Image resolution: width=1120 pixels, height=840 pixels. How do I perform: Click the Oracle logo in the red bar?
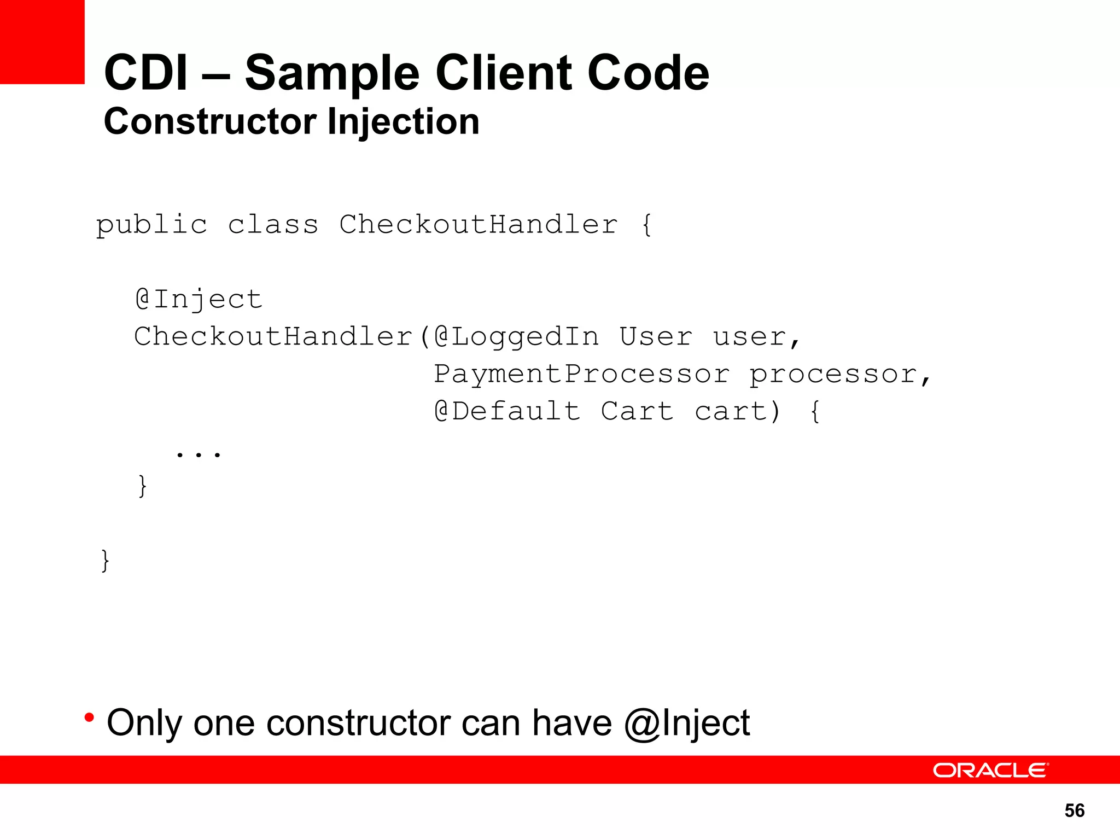click(x=990, y=770)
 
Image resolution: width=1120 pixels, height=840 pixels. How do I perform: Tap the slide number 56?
click(x=1075, y=810)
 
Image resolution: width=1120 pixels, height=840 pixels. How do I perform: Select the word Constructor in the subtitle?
click(x=210, y=121)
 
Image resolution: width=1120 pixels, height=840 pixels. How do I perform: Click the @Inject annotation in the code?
click(x=199, y=300)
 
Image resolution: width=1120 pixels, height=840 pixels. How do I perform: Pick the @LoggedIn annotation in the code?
click(x=516, y=337)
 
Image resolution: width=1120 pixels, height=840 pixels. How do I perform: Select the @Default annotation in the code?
click(x=507, y=411)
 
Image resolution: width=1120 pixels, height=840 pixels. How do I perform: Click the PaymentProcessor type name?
click(x=581, y=375)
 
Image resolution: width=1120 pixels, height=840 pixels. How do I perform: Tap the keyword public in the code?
click(x=151, y=225)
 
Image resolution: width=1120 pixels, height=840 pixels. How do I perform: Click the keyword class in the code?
click(x=273, y=225)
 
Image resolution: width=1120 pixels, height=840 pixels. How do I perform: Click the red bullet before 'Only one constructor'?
click(x=89, y=717)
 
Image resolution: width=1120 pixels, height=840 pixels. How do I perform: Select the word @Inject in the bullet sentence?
click(x=687, y=723)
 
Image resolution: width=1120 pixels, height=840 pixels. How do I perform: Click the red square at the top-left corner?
click(x=42, y=42)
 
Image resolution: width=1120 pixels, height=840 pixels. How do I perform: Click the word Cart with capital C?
click(x=637, y=411)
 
